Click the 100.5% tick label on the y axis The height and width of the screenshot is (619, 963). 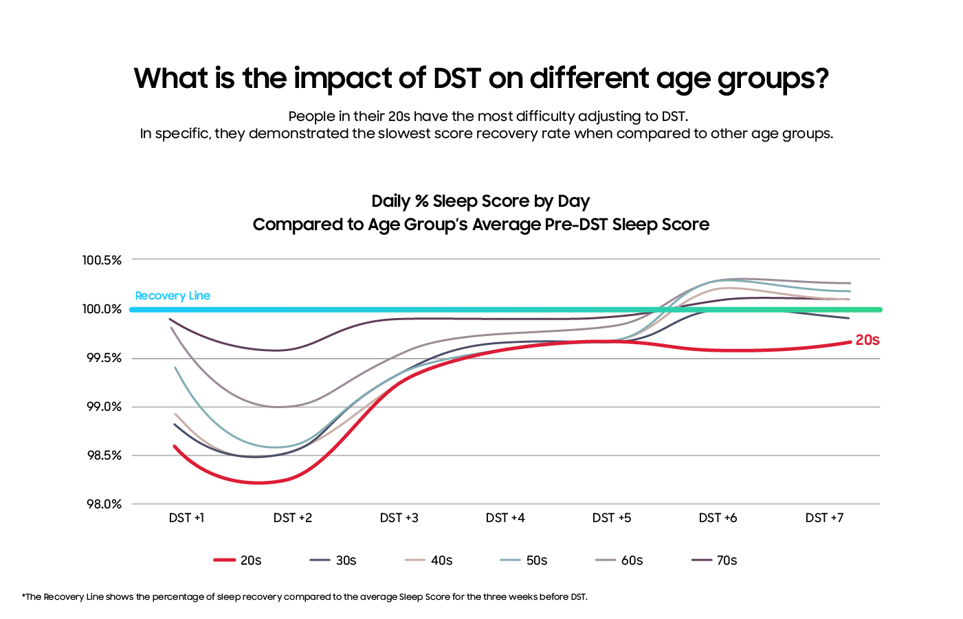102,260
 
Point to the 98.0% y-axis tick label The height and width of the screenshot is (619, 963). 104,504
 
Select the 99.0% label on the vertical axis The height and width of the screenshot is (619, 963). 104,407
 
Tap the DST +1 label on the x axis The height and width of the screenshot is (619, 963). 186,518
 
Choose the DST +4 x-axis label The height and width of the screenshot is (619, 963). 505,518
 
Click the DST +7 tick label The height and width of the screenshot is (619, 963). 824,518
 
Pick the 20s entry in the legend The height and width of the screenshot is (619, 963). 238,561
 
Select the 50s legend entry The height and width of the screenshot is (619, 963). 524,561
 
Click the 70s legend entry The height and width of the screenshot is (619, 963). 714,561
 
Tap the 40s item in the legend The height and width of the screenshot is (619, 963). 428,561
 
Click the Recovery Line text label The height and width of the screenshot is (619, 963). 173,296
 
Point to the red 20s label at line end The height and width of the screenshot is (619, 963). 867,340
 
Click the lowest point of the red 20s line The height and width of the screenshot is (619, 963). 258,483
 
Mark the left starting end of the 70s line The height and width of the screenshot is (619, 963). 170,319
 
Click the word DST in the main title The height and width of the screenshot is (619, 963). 456,78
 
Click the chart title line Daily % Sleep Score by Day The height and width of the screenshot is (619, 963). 480,201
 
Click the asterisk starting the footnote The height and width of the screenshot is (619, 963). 23,596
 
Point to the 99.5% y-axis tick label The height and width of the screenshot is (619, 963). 104,358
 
